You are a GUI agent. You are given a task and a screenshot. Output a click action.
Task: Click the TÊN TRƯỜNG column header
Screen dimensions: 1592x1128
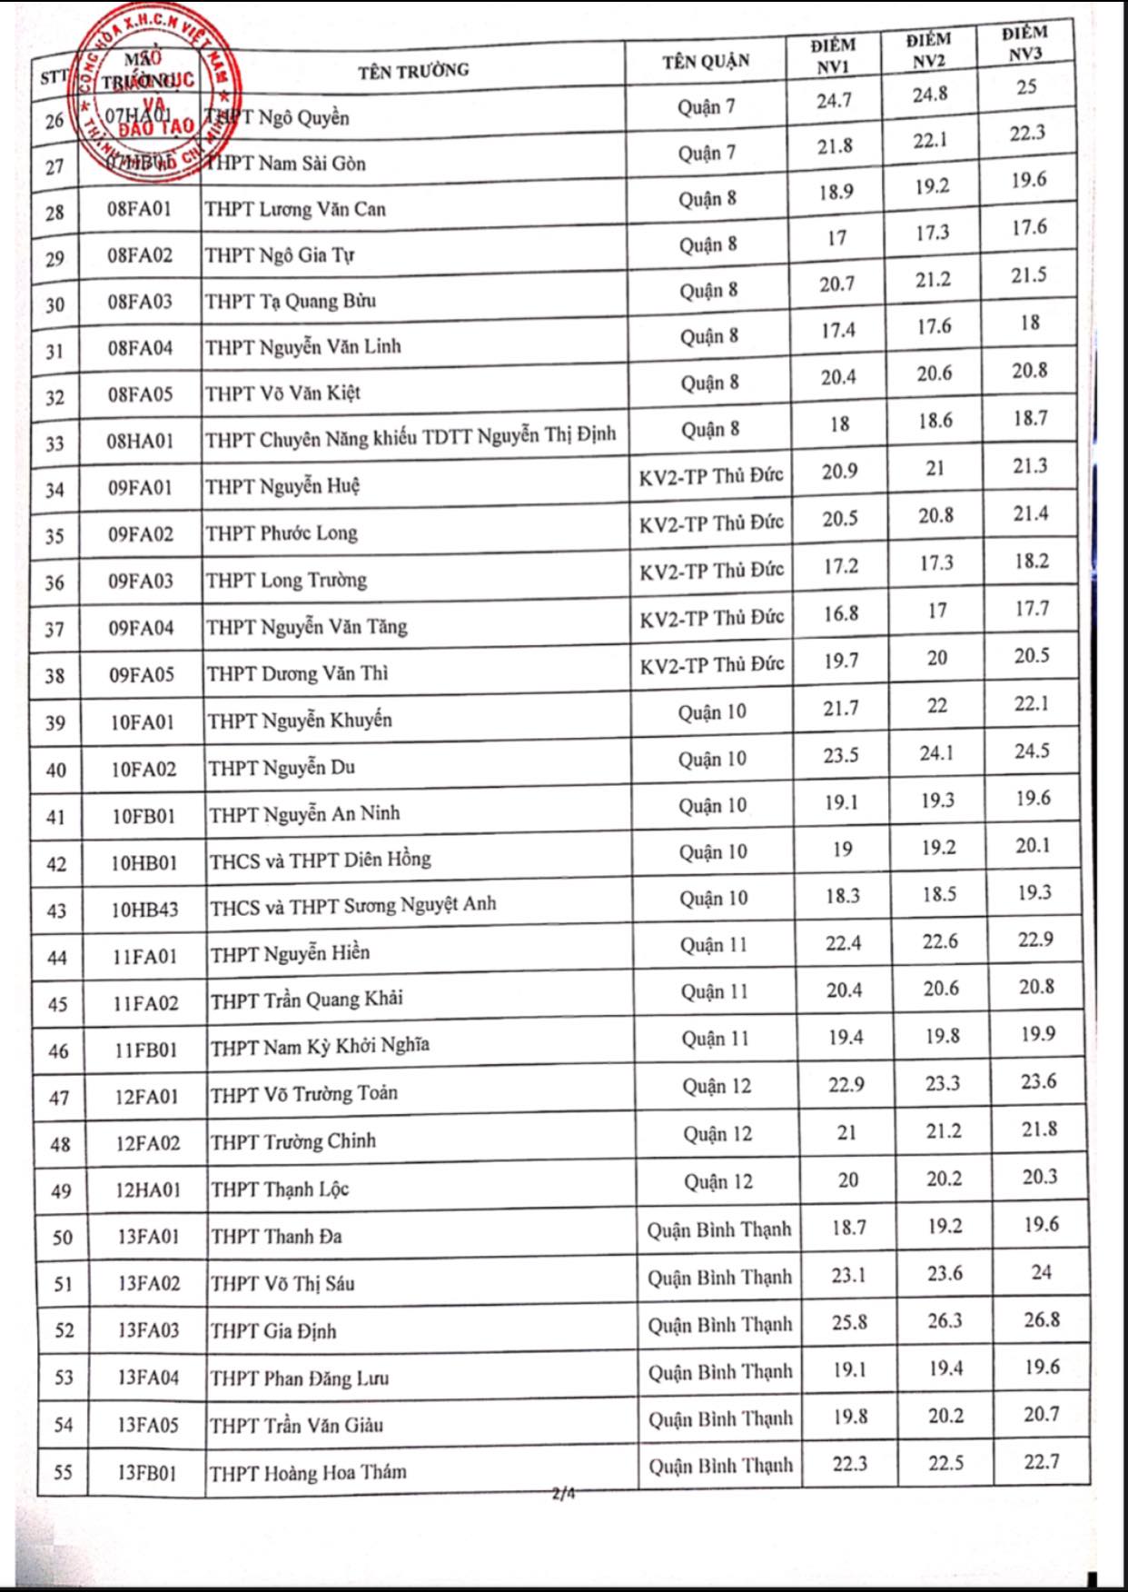tap(413, 70)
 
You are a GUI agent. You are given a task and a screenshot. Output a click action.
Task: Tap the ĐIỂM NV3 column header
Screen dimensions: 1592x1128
tap(1024, 44)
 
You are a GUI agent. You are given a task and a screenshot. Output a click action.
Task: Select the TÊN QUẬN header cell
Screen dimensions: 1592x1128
tap(706, 61)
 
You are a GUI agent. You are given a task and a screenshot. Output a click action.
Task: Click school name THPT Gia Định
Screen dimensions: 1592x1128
tap(273, 1331)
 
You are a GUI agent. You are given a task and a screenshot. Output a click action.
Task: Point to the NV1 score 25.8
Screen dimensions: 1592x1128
tap(849, 1322)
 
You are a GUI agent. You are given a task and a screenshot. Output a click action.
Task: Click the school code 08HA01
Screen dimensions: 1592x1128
tap(140, 442)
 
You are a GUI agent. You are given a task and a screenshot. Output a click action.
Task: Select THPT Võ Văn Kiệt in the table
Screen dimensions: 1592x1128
tap(282, 393)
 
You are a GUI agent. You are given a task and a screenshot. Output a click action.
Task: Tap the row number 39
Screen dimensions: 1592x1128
tap(55, 723)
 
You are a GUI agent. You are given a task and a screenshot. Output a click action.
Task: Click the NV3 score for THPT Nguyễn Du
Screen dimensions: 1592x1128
tap(1032, 751)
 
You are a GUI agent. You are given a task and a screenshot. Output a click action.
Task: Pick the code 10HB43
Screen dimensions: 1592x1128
tap(144, 909)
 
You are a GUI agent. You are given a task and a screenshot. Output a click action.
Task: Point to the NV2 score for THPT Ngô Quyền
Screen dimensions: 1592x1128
tap(930, 94)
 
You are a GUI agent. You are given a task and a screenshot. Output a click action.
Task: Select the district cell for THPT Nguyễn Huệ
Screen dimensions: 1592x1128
tap(711, 476)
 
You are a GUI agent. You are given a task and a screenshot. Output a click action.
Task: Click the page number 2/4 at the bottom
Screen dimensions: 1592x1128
tap(564, 1492)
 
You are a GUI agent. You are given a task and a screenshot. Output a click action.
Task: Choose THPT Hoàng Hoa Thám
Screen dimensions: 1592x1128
tap(308, 1473)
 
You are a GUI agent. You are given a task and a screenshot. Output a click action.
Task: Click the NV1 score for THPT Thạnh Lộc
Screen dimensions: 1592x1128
tap(847, 1180)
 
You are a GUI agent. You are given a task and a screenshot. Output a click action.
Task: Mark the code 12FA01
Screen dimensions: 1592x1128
tap(146, 1097)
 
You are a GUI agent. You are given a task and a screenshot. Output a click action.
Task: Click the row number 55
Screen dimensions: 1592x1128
tap(63, 1472)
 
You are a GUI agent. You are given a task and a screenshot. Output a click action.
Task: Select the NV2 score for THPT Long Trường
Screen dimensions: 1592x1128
tap(935, 563)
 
